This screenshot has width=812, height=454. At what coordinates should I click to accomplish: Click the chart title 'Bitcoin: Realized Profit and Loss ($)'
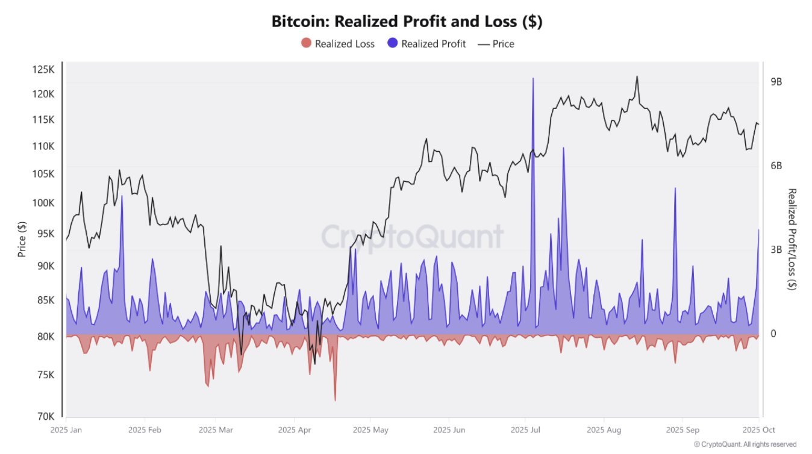coord(407,22)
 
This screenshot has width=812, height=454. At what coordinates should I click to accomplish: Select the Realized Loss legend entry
coord(337,43)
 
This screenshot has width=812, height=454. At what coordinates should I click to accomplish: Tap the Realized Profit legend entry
coord(426,43)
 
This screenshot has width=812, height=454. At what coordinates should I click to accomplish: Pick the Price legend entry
coord(496,43)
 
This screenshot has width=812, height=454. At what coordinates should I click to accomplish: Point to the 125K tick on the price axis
coord(43,70)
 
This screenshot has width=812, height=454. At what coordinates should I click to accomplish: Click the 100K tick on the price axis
coord(43,203)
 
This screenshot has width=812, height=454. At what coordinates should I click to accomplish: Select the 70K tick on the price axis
coord(45,416)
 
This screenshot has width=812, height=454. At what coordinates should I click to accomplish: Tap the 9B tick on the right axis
coord(776,82)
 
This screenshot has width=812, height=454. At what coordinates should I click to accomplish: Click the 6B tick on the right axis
coord(776,166)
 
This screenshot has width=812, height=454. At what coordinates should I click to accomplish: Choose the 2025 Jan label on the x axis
coord(66,430)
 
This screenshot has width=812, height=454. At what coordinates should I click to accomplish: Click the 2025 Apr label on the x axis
coord(294,430)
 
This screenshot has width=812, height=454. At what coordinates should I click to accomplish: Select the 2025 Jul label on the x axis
coord(525,430)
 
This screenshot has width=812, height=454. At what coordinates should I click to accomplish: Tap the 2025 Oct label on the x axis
coord(758,430)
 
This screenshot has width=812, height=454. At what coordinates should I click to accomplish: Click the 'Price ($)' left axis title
coord(22,238)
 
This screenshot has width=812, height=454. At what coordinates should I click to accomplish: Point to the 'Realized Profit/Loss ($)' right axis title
coord(792,239)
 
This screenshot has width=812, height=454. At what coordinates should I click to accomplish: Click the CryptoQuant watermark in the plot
coord(412,237)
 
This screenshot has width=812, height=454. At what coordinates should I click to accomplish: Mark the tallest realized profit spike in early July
coord(532,79)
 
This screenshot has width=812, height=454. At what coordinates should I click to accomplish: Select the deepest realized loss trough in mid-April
coord(335,400)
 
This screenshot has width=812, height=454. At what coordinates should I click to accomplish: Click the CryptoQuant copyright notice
coord(745,444)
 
